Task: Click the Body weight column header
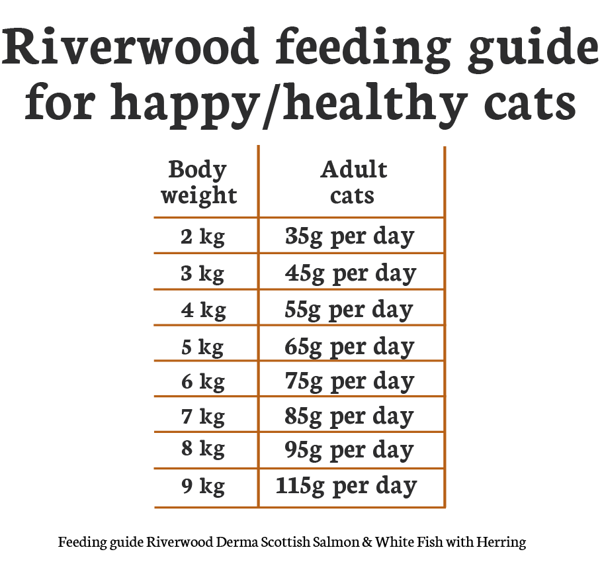tap(198, 182)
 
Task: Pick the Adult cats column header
tap(353, 182)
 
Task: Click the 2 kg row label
tap(202, 237)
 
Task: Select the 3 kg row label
tap(202, 273)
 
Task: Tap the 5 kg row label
tap(202, 346)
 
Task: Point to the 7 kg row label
tap(202, 417)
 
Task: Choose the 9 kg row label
tap(202, 487)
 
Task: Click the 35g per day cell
tap(350, 237)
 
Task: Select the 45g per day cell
tap(351, 273)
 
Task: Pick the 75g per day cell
tap(350, 382)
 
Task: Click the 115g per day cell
tap(347, 487)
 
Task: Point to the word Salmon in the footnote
tap(337, 543)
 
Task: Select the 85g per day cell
tap(350, 417)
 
